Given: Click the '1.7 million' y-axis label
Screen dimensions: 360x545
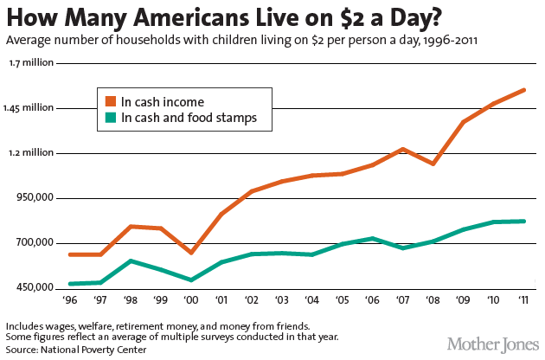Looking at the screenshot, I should (x=31, y=63).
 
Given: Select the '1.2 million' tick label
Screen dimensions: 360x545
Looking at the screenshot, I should (x=31, y=153).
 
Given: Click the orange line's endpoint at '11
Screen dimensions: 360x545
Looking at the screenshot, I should (x=525, y=90).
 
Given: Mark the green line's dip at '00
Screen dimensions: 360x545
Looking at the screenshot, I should (x=191, y=280).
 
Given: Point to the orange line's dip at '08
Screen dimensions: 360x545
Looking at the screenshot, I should (x=432, y=164).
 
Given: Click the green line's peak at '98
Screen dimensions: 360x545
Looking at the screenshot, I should (x=130, y=260).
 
